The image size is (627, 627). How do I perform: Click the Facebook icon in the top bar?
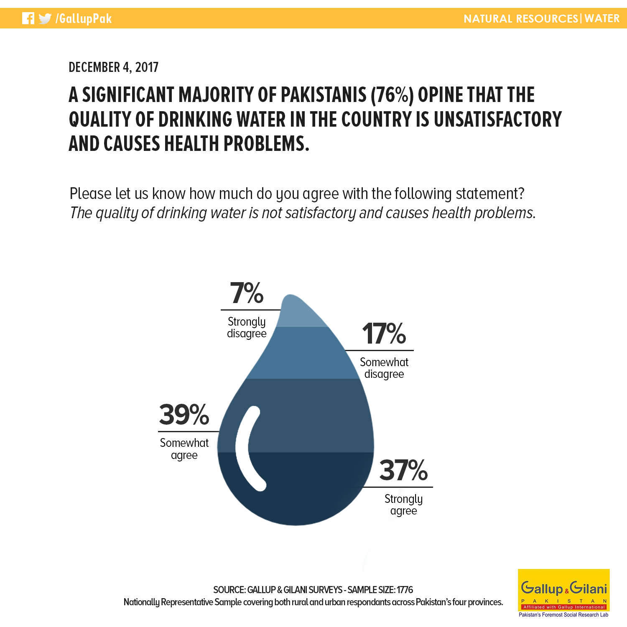click(28, 18)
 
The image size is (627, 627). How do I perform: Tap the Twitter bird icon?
click(45, 19)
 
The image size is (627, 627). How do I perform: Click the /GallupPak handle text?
click(84, 19)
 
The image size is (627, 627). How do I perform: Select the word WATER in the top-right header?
click(602, 18)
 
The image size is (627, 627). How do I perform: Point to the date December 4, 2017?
click(114, 67)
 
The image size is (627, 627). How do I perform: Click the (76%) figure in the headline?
click(392, 95)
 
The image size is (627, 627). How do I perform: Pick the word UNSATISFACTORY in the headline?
click(498, 119)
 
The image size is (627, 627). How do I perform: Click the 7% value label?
click(247, 293)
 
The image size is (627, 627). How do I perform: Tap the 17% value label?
click(384, 334)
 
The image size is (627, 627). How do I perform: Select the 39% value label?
click(184, 415)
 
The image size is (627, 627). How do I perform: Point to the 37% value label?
click(403, 470)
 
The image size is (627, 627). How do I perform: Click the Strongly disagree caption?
click(247, 327)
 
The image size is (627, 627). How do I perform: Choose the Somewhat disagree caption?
click(384, 368)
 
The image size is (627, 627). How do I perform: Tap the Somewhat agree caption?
click(184, 449)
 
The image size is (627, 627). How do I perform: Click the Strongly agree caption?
click(404, 505)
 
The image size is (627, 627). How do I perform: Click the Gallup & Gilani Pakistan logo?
click(564, 593)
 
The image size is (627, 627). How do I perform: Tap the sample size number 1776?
click(405, 590)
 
